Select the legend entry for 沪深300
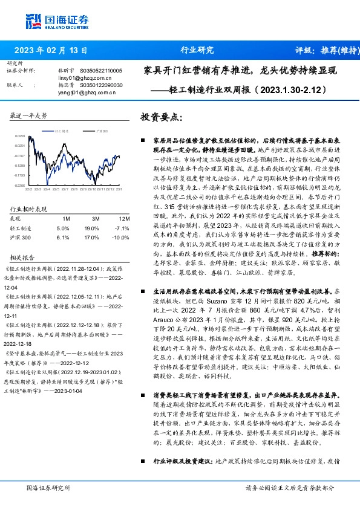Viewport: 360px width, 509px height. pyautogui.click(x=103, y=131)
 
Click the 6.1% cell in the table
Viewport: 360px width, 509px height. pyautogui.click(x=63, y=238)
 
